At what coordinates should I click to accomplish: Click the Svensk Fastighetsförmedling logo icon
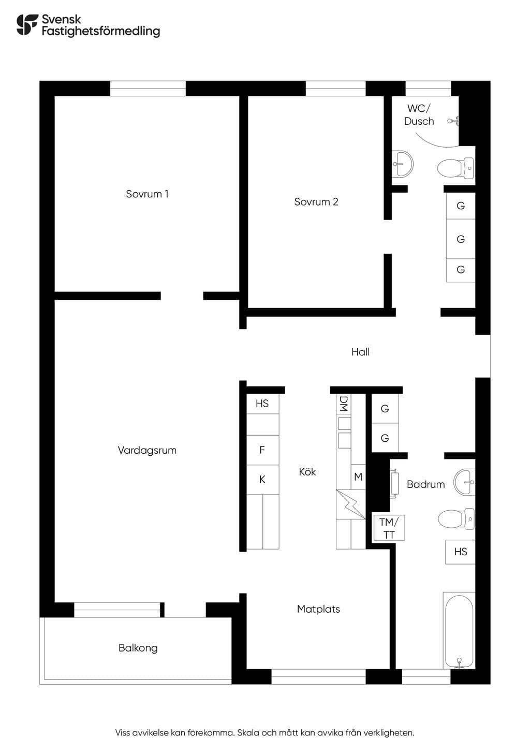tap(27, 25)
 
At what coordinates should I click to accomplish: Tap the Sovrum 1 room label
tap(147, 194)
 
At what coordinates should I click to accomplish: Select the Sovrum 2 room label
tap(316, 201)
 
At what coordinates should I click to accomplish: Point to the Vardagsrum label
tap(147, 450)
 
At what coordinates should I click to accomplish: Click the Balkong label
tap(138, 648)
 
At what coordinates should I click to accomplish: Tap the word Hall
tap(360, 352)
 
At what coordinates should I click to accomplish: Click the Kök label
tap(307, 472)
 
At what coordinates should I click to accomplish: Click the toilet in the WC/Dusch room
tap(455, 168)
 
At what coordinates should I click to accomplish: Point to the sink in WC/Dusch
tap(403, 164)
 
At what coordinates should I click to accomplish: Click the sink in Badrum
tap(464, 482)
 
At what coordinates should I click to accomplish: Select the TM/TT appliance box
tap(389, 528)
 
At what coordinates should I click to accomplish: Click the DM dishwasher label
tap(344, 404)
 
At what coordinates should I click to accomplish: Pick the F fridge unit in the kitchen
tap(262, 450)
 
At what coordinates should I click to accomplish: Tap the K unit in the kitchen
tap(262, 480)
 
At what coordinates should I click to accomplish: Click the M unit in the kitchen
tap(358, 477)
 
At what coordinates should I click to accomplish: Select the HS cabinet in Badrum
tap(460, 552)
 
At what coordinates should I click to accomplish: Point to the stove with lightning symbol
tap(350, 504)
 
